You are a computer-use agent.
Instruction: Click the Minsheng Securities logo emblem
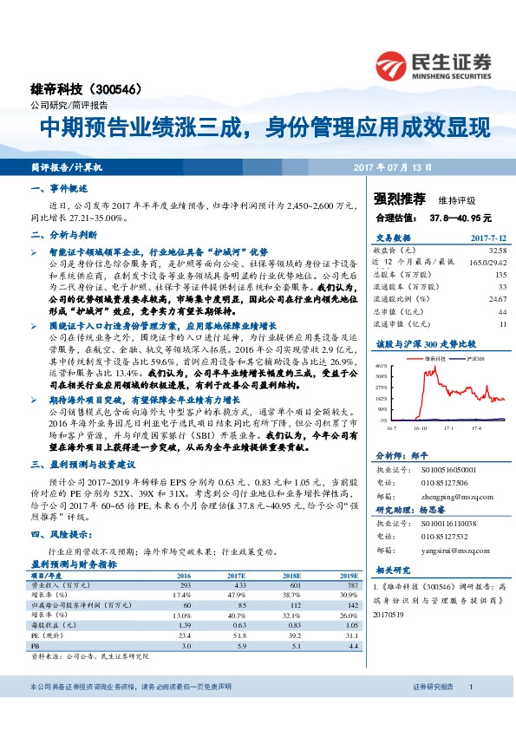(392, 64)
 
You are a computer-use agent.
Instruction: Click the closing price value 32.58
(497, 250)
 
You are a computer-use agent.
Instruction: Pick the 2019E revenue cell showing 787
(349, 584)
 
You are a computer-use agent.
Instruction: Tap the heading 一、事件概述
(57, 188)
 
